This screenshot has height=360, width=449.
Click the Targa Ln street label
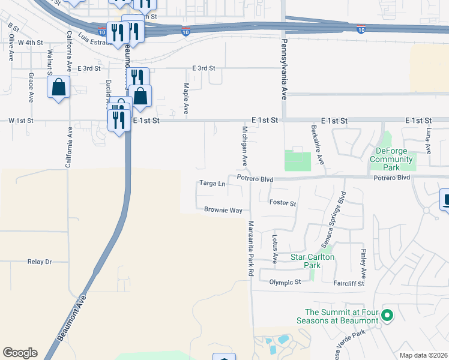(212, 183)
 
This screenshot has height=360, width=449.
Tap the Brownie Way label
(223, 211)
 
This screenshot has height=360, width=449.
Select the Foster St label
(283, 203)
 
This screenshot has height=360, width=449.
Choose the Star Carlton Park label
(312, 261)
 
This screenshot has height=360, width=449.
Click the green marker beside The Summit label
(387, 314)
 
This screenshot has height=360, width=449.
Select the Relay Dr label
(40, 262)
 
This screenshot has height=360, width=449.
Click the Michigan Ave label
(245, 146)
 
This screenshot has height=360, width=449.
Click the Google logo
(20, 353)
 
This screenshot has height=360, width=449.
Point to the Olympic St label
(285, 282)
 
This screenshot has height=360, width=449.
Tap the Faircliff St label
(348, 282)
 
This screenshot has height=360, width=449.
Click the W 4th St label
(30, 43)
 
